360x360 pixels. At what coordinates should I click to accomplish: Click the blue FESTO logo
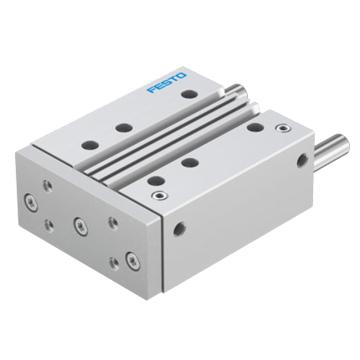[166, 82]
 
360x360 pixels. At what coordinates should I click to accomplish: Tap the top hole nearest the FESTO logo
[189, 94]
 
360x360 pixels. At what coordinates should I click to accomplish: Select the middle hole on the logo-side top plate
[124, 127]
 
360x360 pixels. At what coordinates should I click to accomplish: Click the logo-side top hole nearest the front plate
[90, 145]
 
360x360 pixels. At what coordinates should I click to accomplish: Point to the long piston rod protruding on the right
[331, 151]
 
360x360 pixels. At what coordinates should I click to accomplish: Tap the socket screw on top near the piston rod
[283, 128]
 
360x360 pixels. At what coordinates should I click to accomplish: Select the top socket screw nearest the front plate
[159, 195]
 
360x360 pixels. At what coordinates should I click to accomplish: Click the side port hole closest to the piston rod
[302, 160]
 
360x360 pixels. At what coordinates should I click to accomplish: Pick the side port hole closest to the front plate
[179, 229]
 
